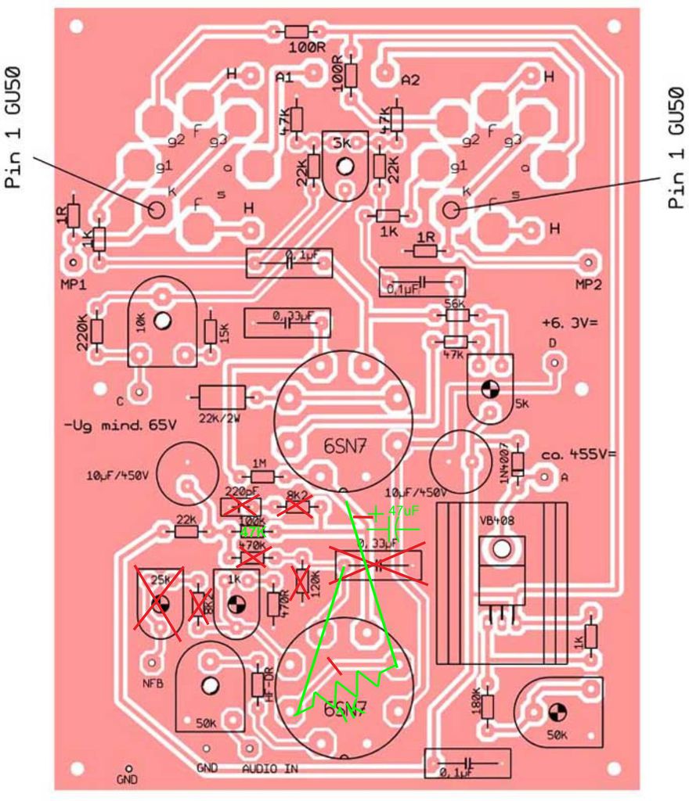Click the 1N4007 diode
click(517, 462)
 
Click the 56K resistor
click(456, 314)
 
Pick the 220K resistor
click(96, 332)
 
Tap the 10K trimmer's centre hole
click(162, 321)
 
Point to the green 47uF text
click(403, 512)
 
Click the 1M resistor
click(262, 476)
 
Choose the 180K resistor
click(487, 706)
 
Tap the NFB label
click(152, 684)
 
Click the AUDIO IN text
click(270, 769)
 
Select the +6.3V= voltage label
click(568, 323)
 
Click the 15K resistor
click(210, 332)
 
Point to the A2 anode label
click(410, 80)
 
